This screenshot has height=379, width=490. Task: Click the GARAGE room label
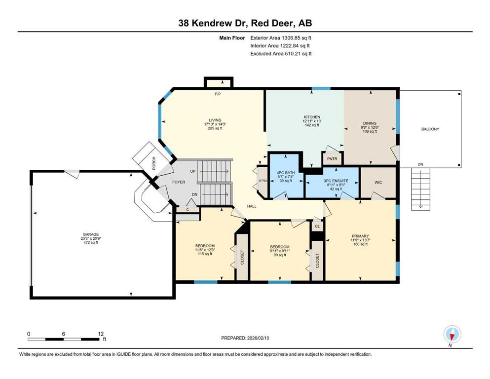point(91,234)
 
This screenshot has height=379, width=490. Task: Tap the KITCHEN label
point(311,117)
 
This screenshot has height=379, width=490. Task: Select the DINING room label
point(370,123)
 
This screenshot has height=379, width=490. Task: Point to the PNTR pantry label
point(332,159)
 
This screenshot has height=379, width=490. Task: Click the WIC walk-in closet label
point(378,182)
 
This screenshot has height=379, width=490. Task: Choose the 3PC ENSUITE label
point(336,181)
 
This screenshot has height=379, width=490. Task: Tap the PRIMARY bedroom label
point(360,236)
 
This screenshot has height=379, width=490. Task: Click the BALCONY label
point(430,129)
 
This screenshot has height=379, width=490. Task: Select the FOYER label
point(179,182)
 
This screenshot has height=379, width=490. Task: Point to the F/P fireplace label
point(218,94)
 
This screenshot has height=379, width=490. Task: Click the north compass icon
point(452,335)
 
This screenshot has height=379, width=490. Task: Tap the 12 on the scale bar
point(101,334)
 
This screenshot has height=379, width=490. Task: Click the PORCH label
point(153,163)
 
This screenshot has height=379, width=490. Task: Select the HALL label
point(252,206)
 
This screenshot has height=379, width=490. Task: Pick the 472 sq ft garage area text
point(91,242)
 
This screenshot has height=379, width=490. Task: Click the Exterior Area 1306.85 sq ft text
point(281,38)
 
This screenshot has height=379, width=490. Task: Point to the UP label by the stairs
point(193,171)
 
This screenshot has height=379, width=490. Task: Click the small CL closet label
point(317,226)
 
